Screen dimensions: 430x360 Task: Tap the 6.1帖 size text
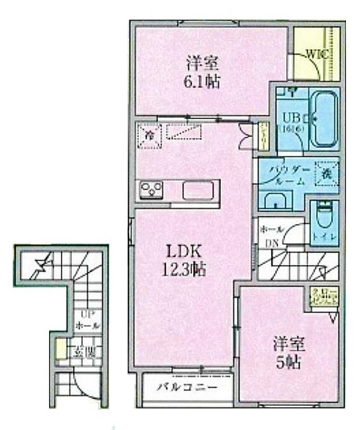tap(202, 83)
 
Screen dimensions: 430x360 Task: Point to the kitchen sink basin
tap(199, 191)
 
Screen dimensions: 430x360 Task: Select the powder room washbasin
tap(275, 200)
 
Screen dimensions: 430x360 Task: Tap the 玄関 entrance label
tap(85, 351)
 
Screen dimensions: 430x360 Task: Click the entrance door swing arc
tap(88, 388)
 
